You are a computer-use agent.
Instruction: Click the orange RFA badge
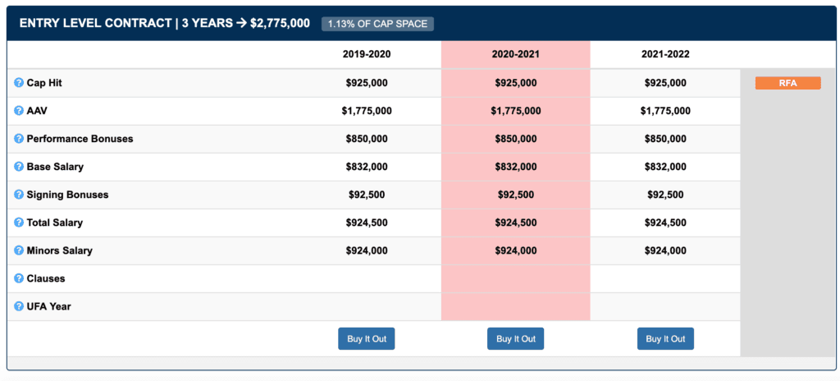[787, 83]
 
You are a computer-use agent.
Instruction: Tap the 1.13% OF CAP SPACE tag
[377, 24]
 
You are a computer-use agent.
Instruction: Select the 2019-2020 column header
[367, 54]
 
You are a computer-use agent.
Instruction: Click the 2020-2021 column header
[515, 54]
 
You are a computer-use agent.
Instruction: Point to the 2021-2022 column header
[665, 54]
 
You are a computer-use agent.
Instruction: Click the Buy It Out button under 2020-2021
[515, 339]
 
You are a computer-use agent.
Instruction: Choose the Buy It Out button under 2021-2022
[665, 339]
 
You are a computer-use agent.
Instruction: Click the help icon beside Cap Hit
[19, 83]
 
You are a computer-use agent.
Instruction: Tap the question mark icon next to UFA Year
[19, 306]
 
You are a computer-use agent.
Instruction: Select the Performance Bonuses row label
[80, 139]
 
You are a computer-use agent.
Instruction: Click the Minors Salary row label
[60, 250]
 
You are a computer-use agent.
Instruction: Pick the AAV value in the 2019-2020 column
[367, 111]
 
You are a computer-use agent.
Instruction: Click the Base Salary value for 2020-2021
[515, 167]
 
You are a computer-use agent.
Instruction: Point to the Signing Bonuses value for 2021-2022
[665, 195]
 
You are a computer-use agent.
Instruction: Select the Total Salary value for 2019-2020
[367, 223]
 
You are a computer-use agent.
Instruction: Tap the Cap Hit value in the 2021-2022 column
[665, 83]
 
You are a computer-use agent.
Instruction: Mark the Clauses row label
[46, 278]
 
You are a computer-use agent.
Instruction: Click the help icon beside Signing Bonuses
[19, 195]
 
